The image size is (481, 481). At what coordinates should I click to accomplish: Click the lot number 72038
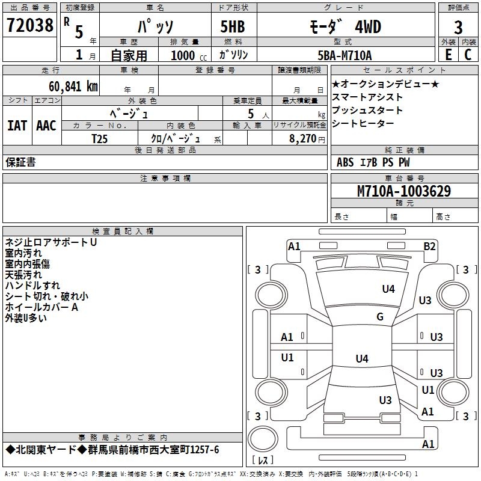click(29, 25)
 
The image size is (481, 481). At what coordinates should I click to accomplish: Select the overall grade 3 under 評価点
click(458, 28)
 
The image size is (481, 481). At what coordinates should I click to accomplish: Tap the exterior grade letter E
click(448, 55)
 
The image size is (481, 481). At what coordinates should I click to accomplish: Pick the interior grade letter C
click(468, 55)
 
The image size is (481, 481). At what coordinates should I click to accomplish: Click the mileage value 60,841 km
click(73, 87)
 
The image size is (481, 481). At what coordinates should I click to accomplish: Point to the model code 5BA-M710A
click(345, 55)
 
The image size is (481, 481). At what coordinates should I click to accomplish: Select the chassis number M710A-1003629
click(404, 191)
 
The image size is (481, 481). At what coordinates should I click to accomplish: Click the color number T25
click(100, 139)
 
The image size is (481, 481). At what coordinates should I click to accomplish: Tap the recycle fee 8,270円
click(307, 139)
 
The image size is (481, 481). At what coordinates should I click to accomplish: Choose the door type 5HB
click(233, 26)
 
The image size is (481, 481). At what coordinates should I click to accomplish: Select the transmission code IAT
click(17, 126)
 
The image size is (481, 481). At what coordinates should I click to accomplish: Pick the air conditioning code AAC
click(46, 126)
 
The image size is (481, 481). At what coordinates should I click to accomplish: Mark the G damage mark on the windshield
click(380, 317)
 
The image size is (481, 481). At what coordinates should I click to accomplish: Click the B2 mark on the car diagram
click(429, 247)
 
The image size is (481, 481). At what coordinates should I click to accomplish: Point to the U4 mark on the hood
click(388, 289)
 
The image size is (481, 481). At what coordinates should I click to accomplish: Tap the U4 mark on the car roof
click(362, 358)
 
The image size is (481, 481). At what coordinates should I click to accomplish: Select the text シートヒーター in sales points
click(363, 123)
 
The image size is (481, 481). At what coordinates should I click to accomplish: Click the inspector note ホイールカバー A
click(41, 307)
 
